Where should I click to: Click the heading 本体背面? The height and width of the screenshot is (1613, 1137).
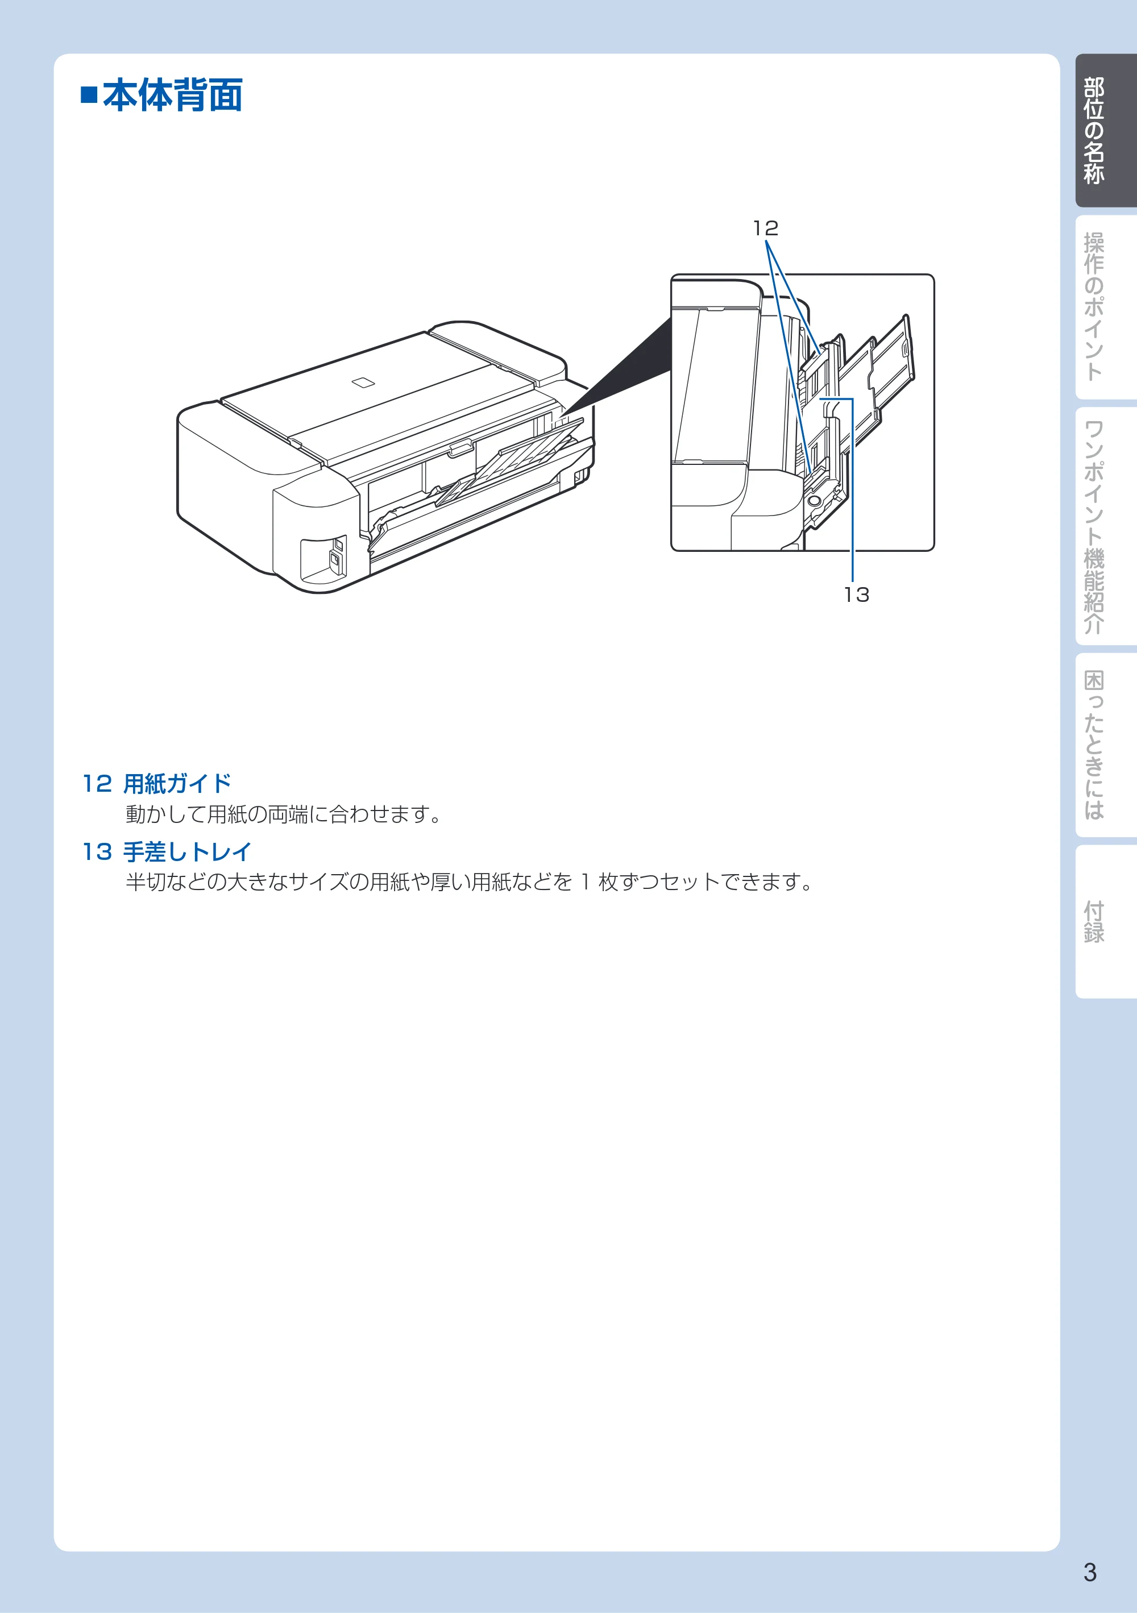click(x=173, y=95)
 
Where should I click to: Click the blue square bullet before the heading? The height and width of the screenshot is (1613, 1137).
click(x=89, y=95)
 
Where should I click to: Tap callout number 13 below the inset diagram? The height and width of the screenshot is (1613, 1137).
click(x=857, y=595)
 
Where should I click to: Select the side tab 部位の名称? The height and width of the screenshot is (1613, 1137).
click(x=1095, y=131)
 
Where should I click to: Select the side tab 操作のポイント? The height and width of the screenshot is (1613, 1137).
click(x=1095, y=307)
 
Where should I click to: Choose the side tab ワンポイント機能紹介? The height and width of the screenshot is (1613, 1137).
click(x=1095, y=527)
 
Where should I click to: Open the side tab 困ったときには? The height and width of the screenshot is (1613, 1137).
click(x=1095, y=745)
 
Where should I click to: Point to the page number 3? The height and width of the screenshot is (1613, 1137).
click(x=1090, y=1572)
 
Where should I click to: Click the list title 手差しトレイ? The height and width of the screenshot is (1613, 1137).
click(x=188, y=851)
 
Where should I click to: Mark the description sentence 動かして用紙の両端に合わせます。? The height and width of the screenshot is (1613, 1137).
click(x=284, y=814)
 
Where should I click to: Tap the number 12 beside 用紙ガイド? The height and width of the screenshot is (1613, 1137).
click(x=97, y=783)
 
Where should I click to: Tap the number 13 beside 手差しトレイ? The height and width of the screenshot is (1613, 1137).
click(x=97, y=852)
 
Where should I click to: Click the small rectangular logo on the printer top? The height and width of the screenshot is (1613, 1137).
click(x=363, y=382)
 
